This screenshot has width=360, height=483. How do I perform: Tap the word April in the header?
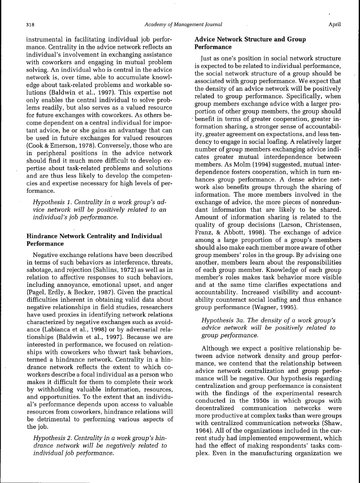click(334, 24)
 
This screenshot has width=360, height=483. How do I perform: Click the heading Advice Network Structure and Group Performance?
click(250, 43)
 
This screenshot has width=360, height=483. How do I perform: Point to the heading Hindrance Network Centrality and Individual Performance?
click(94, 240)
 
